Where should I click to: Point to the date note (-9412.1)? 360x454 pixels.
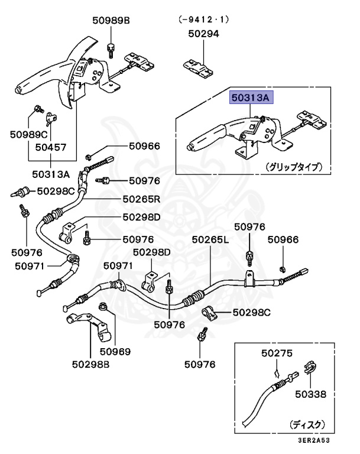(203, 19)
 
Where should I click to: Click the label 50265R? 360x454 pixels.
(142, 199)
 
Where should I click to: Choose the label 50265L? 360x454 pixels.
(210, 240)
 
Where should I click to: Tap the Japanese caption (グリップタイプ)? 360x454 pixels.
(293, 167)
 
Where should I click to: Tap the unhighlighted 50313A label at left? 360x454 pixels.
(50, 174)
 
